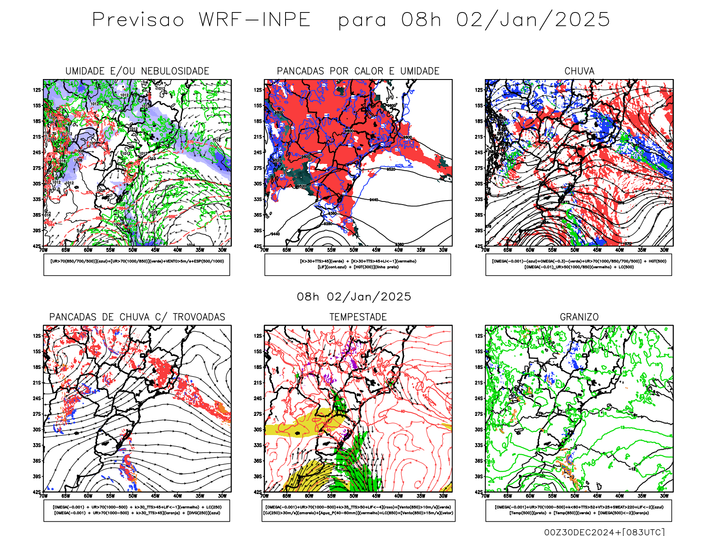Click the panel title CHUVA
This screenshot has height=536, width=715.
(579, 71)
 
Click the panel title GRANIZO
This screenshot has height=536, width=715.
(579, 317)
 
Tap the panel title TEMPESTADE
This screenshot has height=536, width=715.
(358, 317)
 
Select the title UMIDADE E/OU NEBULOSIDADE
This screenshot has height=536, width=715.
(137, 71)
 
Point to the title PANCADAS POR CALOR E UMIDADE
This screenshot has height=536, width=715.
(358, 71)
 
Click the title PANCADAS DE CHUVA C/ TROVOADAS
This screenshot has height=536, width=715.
(137, 317)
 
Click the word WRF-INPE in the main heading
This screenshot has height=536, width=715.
(255, 20)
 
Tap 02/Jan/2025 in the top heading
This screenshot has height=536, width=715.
(533, 20)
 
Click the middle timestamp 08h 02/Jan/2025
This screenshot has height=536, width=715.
(354, 297)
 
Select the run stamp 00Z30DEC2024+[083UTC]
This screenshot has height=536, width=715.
(604, 532)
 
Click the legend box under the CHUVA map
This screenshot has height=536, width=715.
(579, 264)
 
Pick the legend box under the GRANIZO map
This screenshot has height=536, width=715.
(579, 510)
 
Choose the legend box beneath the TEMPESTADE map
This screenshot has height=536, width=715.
(358, 510)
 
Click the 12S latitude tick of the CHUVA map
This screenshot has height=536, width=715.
(479, 90)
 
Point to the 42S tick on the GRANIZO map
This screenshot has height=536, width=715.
(479, 492)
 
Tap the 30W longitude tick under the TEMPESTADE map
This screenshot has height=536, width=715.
(443, 496)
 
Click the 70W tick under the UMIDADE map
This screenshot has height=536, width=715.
(43, 250)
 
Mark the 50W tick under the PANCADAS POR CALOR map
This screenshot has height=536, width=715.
(353, 250)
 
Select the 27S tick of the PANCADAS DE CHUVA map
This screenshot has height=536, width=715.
(37, 414)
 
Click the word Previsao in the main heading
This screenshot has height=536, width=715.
(138, 20)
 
